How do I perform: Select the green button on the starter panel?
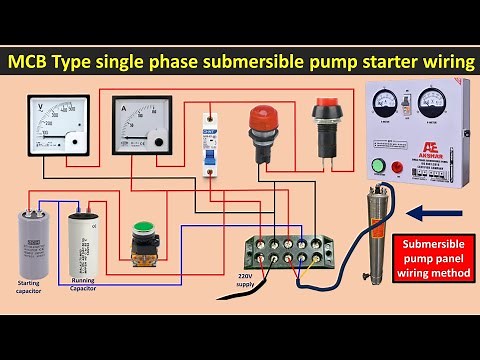[x=379, y=166]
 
